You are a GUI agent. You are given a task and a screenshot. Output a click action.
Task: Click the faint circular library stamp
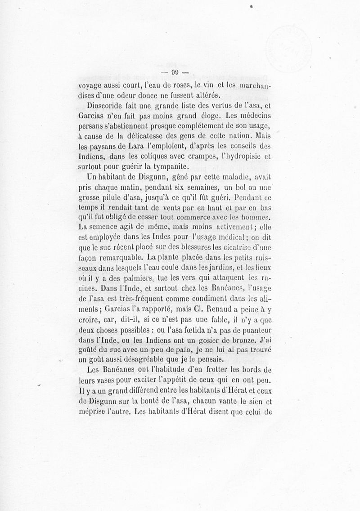[293, 45]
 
